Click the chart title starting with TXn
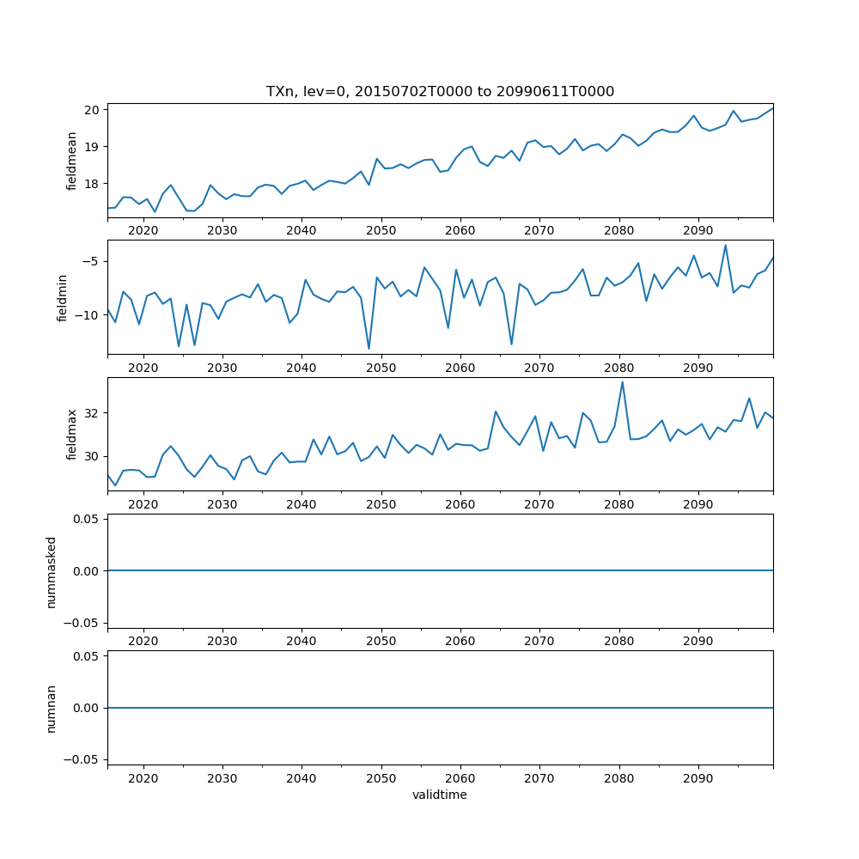click(x=440, y=91)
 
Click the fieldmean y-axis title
click(x=72, y=161)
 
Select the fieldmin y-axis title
click(x=62, y=297)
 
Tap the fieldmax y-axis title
click(x=72, y=435)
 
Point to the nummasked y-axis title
click(x=51, y=571)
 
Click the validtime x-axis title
click(x=440, y=795)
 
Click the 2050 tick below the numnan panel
click(x=381, y=778)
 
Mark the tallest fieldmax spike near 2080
click(x=622, y=382)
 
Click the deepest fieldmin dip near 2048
click(x=369, y=348)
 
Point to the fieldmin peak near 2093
click(x=725, y=246)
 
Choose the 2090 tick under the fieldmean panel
click(x=698, y=231)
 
